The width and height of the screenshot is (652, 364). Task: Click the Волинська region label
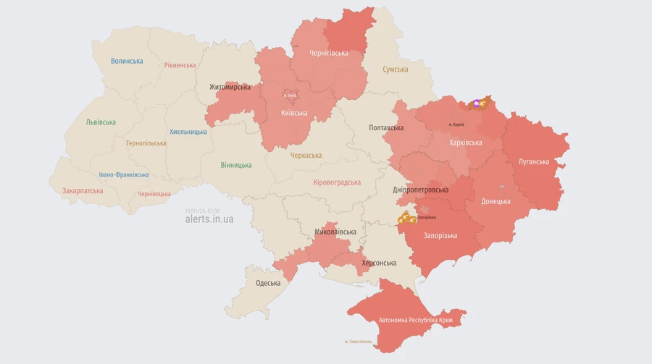127,62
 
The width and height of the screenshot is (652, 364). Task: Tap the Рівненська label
180,65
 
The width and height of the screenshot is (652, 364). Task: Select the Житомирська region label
230,87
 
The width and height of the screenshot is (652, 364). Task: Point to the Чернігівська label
328,53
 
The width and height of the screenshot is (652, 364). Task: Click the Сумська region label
396,69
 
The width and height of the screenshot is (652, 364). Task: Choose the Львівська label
101,122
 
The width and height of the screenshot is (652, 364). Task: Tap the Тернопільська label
146,143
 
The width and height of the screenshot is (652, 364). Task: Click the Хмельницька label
188,132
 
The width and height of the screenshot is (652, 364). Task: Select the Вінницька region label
236,165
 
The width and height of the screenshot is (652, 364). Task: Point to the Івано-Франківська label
124,174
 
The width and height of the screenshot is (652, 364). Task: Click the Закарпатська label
83,191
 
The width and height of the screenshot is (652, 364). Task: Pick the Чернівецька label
154,194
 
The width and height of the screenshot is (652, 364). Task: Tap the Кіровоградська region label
337,182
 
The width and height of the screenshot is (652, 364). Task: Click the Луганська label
534,161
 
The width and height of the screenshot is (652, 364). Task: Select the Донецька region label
496,201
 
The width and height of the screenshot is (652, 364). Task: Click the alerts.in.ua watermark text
209,219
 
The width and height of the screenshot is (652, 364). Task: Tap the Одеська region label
268,283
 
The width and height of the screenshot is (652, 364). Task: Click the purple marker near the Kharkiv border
476,103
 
